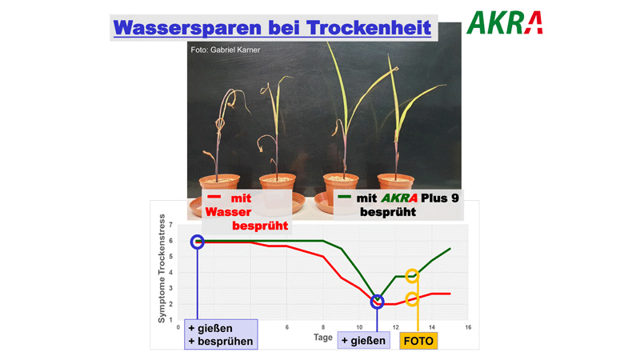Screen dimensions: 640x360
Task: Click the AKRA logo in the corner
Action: click(x=505, y=22)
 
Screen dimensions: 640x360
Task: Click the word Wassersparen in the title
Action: click(x=187, y=28)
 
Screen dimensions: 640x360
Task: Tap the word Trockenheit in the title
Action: click(x=369, y=28)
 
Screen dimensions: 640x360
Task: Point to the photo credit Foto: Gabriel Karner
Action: click(x=226, y=50)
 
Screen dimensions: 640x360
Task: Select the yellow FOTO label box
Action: click(x=418, y=341)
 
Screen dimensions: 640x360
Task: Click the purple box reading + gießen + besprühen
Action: click(x=221, y=334)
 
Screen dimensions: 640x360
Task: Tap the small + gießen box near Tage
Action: click(x=363, y=341)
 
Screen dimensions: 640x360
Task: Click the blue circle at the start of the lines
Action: click(x=198, y=242)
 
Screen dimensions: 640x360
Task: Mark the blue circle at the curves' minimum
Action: click(x=377, y=302)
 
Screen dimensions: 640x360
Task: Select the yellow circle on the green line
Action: click(x=412, y=276)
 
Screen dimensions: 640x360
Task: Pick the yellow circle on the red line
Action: click(x=412, y=299)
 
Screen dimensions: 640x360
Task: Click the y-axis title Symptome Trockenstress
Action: click(x=162, y=268)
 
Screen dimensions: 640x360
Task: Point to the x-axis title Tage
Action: click(x=323, y=338)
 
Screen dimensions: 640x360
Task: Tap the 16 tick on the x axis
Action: click(x=468, y=327)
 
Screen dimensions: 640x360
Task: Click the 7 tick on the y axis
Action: click(x=170, y=225)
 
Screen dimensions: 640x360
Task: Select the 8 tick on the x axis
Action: click(x=323, y=327)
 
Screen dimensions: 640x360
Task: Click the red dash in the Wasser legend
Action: click(x=214, y=197)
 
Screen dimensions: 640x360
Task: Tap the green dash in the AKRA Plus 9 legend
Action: click(x=345, y=197)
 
